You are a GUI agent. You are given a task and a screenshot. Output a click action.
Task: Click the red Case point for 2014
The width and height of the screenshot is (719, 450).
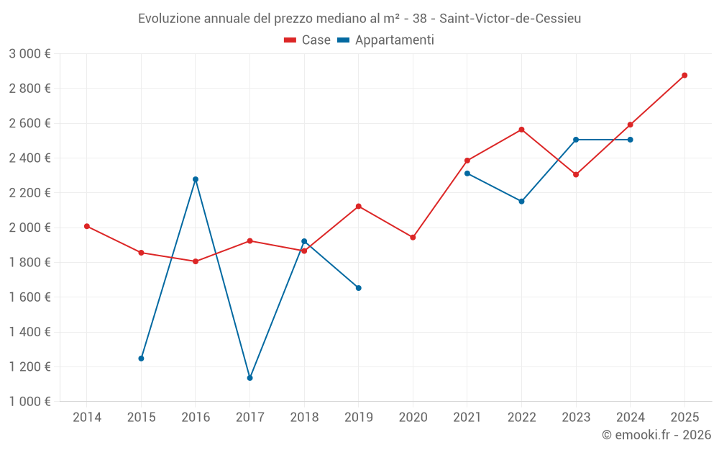pos(87,226)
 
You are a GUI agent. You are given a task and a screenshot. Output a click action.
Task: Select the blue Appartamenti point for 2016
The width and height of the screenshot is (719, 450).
pos(196,179)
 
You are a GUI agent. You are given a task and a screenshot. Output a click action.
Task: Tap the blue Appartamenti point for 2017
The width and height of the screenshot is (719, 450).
pos(249,378)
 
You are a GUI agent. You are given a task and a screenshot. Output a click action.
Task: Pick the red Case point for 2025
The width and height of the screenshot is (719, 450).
pos(684,75)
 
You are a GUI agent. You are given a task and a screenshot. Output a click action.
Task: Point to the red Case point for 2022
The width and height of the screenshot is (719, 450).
pos(521,130)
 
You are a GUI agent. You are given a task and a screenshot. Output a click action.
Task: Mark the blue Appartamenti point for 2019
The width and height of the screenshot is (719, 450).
pos(359,288)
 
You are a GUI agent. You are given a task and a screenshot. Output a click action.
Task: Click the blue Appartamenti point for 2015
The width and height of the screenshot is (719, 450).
pos(141,359)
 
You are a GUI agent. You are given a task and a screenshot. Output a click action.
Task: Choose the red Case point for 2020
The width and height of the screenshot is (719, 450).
pos(413,238)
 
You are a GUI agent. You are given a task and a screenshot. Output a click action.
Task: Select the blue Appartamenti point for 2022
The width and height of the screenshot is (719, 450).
pos(521,202)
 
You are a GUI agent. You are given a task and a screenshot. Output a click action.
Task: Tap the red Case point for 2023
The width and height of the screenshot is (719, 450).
pos(576,174)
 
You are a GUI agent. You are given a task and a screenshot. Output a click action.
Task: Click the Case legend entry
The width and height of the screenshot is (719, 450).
pos(307,40)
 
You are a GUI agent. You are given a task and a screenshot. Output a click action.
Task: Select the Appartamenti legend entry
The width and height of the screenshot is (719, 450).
pos(386,40)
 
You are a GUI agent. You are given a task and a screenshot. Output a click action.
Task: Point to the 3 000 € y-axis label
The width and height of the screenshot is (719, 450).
pos(29,54)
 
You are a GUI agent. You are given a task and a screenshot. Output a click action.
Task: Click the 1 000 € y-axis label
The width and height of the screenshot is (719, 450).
pos(29,402)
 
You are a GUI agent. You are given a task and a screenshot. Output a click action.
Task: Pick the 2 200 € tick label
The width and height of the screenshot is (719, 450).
pos(29,193)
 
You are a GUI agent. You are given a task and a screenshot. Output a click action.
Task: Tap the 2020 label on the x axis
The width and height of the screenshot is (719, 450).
pos(413,417)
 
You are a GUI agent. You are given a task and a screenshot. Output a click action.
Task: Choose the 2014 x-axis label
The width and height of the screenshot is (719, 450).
pos(87,417)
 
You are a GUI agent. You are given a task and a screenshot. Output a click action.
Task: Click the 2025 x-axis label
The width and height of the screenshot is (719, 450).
pos(684,417)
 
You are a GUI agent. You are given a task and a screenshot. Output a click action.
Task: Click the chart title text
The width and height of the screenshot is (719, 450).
pos(359,19)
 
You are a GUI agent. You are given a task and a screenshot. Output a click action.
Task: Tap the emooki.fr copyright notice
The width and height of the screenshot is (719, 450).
pos(656,435)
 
